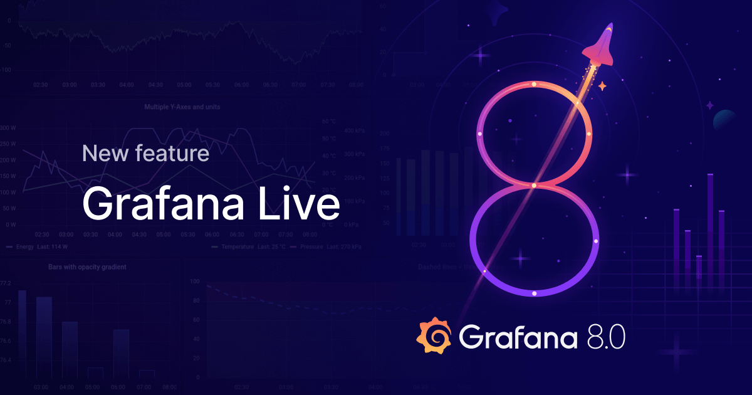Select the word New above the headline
tap(105, 153)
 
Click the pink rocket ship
tap(600, 47)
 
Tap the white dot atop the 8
tap(534, 83)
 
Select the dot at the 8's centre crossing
tap(534, 186)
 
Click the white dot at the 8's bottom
tap(534, 293)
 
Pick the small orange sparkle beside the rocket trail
tap(602, 86)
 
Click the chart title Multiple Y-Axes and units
tap(182, 107)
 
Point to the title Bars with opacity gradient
tap(87, 267)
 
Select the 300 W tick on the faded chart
tap(8, 128)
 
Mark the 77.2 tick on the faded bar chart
tap(6, 283)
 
